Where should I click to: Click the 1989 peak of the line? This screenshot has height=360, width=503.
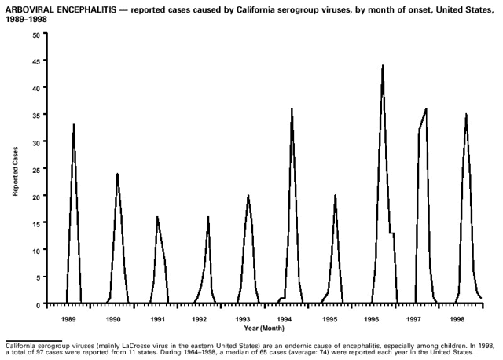73,125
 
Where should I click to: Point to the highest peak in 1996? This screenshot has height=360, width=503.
383,66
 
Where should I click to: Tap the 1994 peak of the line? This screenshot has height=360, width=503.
292,109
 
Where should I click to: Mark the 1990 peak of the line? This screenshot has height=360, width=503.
117,174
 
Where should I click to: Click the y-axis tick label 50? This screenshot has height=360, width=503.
37,35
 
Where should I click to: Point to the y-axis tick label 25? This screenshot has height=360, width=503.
37,169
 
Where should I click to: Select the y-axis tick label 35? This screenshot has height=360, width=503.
37,115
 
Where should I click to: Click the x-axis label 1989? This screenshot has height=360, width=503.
69,320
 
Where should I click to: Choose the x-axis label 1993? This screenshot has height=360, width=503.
243,320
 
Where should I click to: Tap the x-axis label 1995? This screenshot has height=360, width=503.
329,320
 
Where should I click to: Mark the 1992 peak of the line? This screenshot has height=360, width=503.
208,217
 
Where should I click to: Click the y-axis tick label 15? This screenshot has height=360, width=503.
37,222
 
